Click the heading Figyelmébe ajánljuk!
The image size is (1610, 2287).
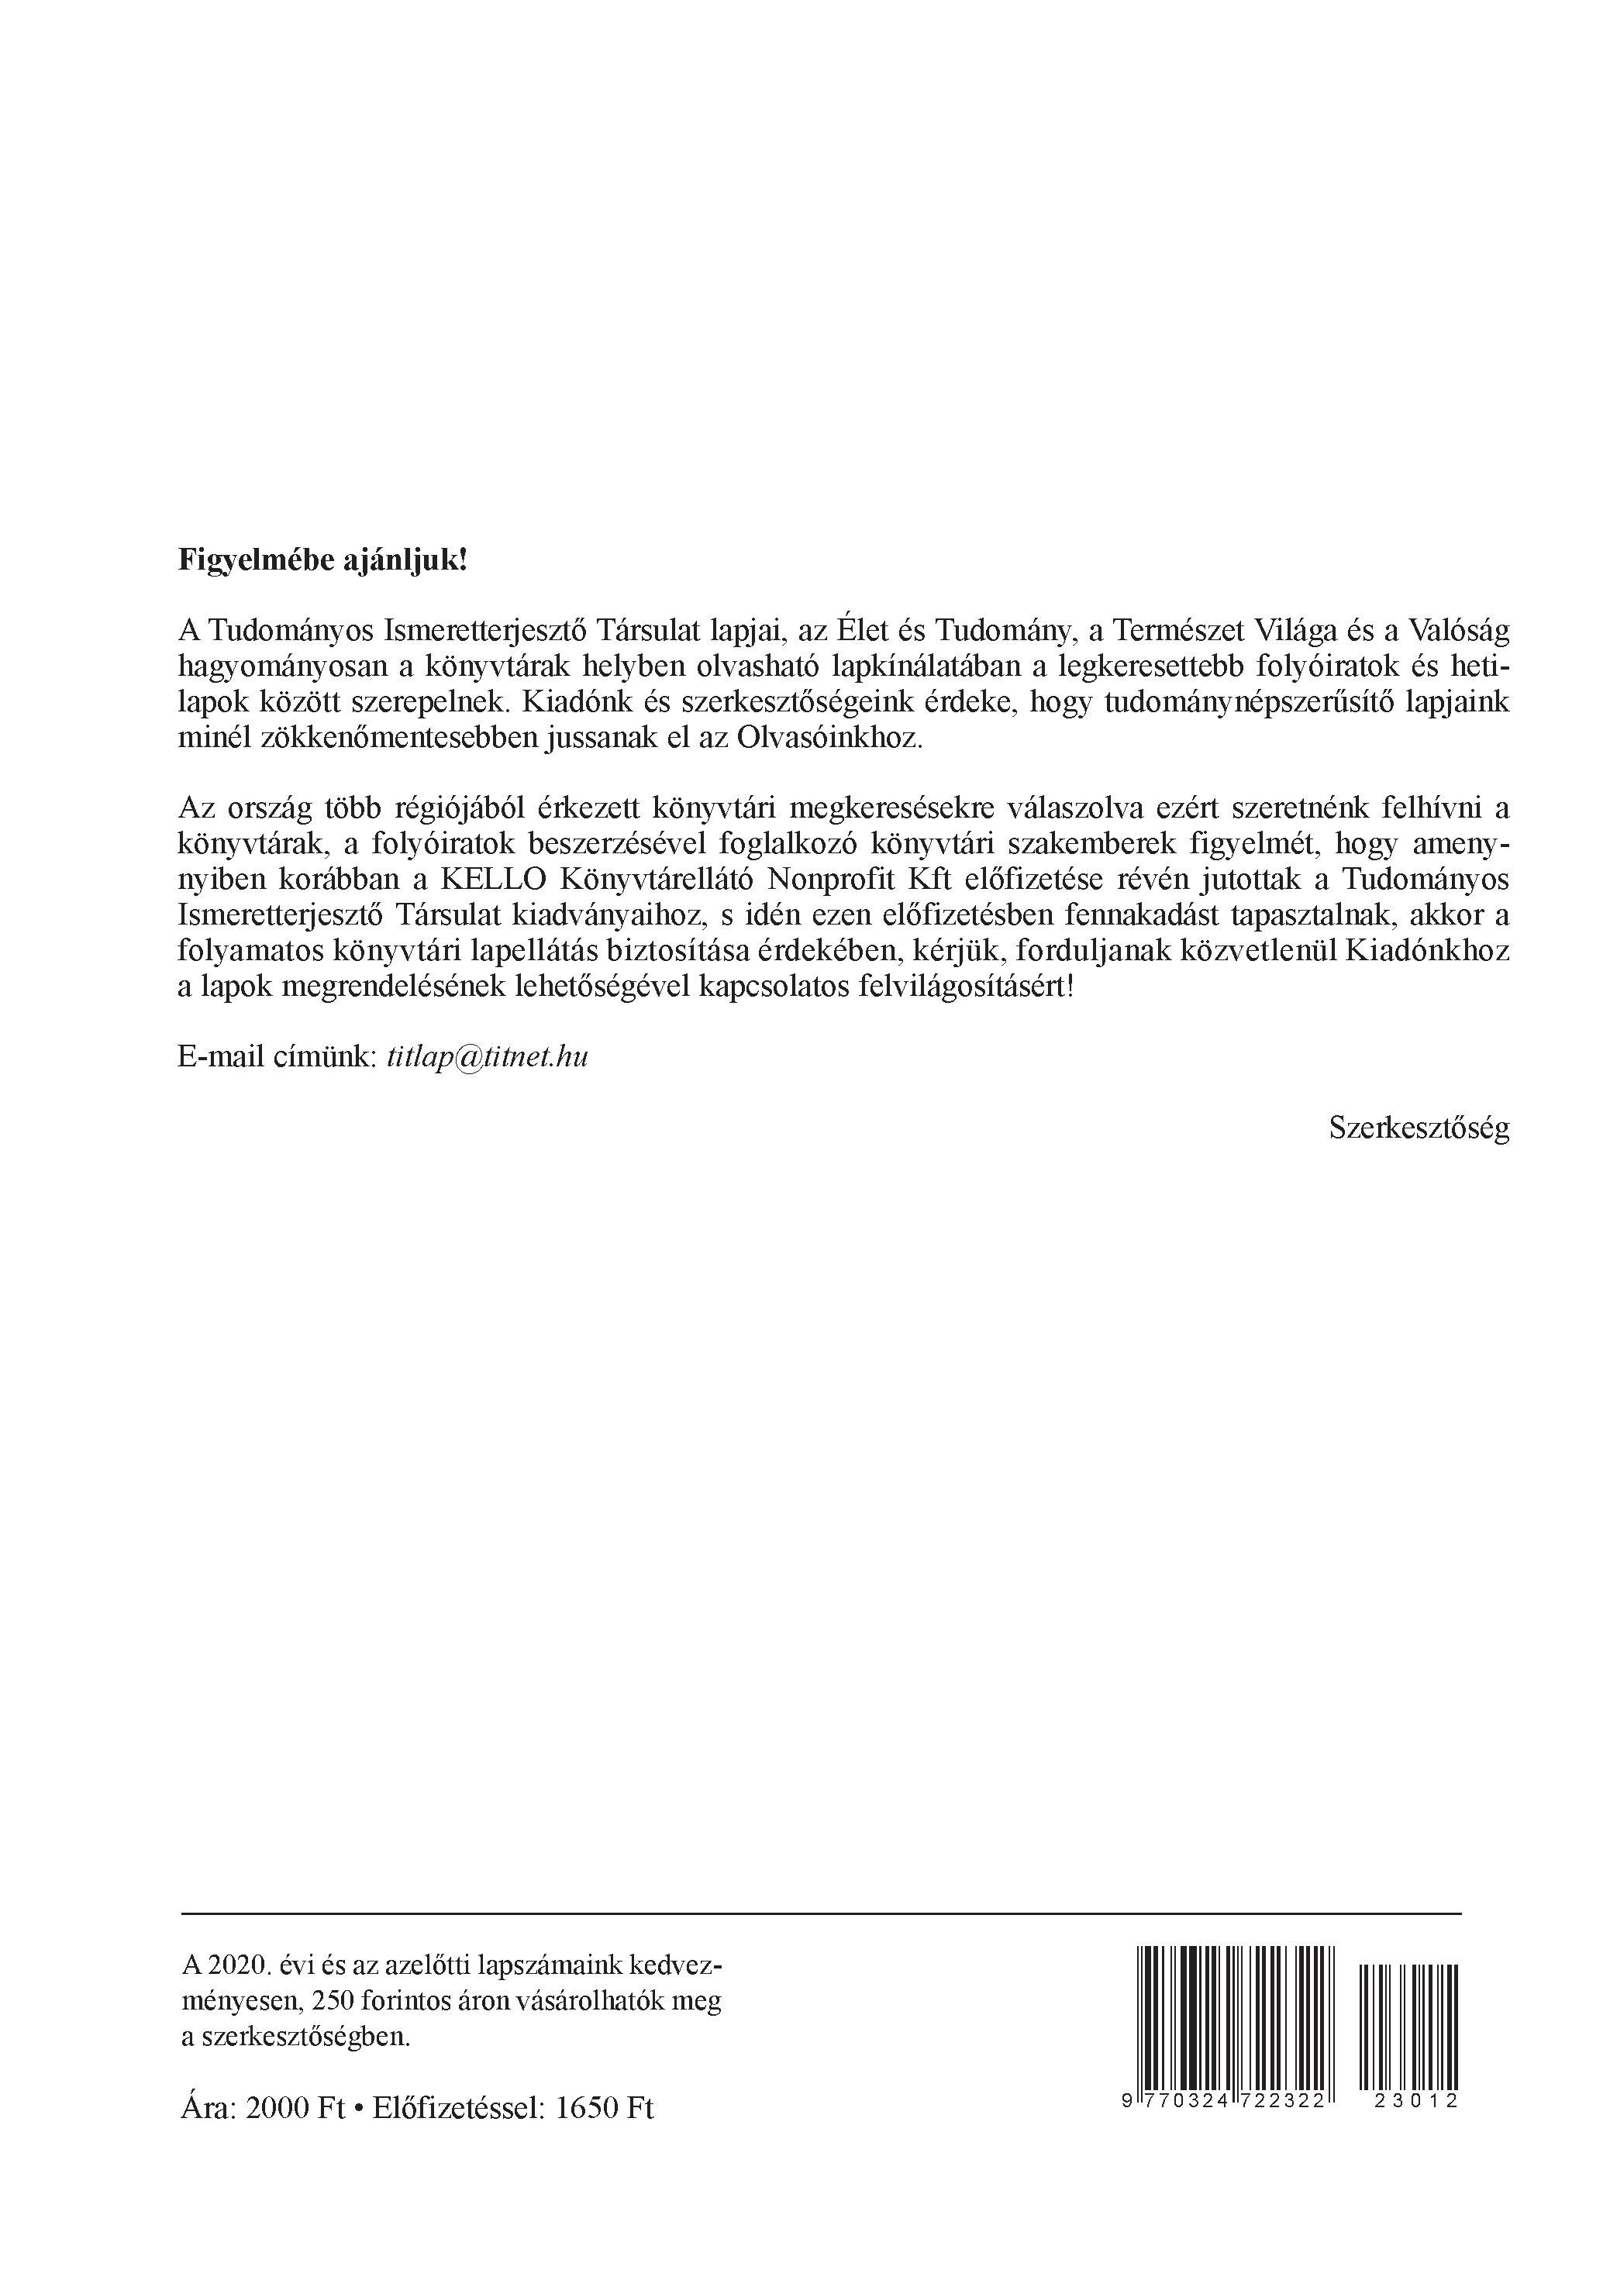pyautogui.click(x=322, y=561)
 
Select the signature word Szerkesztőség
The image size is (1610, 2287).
pyautogui.click(x=1419, y=1128)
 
